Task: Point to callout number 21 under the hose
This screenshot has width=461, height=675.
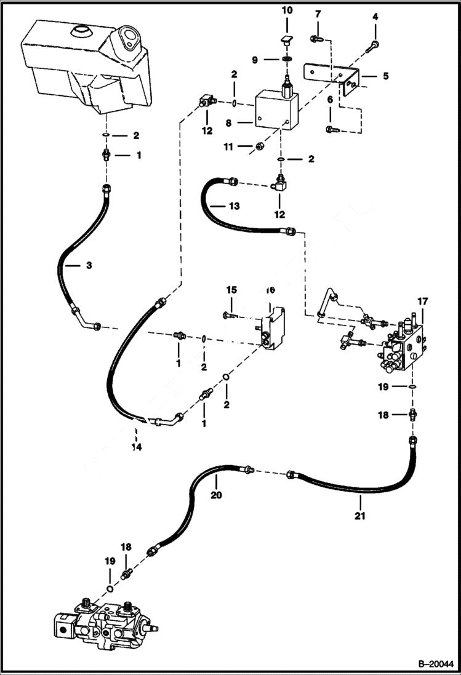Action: (x=360, y=516)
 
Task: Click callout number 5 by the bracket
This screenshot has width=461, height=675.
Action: (x=385, y=77)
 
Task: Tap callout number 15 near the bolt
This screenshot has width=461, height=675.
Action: (x=231, y=289)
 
